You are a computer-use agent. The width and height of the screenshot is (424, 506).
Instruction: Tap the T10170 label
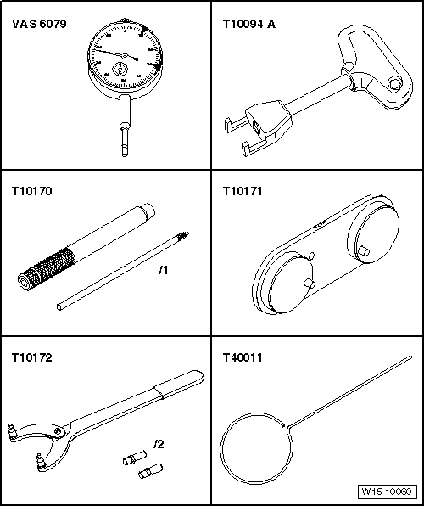coord(31,191)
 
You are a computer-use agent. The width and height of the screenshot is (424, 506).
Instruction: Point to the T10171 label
coord(243,191)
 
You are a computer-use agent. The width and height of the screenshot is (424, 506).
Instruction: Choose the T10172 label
coord(31,357)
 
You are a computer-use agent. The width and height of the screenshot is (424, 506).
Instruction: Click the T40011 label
coord(243,357)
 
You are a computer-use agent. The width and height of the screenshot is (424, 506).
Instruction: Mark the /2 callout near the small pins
coord(159,444)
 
